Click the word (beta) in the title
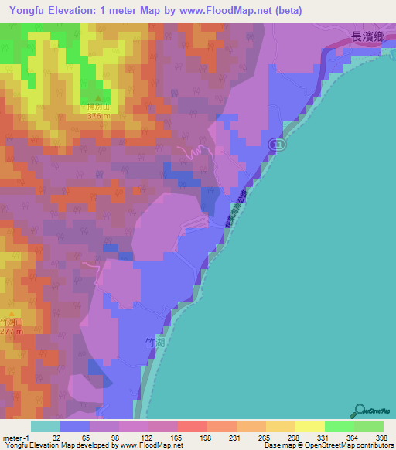point(285,11)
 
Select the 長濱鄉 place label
point(368,36)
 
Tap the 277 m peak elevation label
point(11,332)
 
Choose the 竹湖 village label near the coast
point(155,340)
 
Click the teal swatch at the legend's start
point(45,425)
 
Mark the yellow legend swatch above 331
point(309,425)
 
